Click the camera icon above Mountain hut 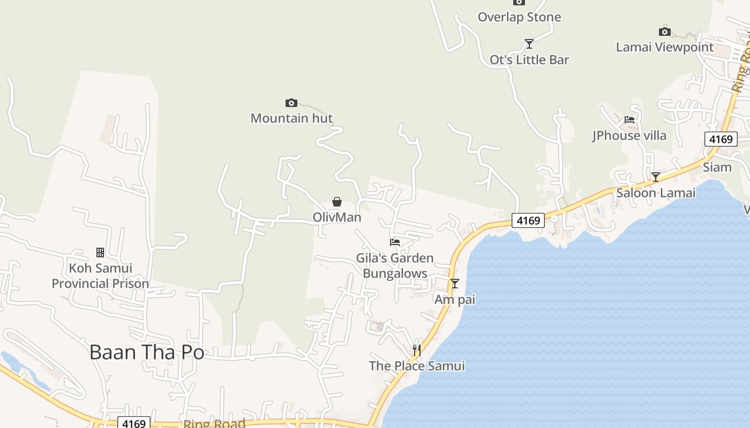click(x=291, y=103)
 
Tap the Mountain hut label click(x=291, y=118)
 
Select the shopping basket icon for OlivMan click(x=337, y=202)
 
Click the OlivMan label click(x=337, y=217)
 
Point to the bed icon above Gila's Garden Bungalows click(x=395, y=242)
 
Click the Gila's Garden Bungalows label click(x=395, y=266)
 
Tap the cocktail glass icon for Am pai click(x=455, y=284)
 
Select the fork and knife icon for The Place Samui click(x=416, y=350)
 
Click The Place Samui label click(x=417, y=366)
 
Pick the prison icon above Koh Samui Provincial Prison click(x=100, y=253)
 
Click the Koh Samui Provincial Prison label click(x=100, y=276)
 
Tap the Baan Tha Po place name click(x=147, y=352)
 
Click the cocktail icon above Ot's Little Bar click(x=529, y=44)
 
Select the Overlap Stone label click(x=519, y=17)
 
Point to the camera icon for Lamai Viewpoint click(x=665, y=32)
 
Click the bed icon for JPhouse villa click(x=629, y=120)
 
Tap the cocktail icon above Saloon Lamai click(x=656, y=177)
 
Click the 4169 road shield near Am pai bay click(x=528, y=220)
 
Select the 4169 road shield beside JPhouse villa click(x=721, y=140)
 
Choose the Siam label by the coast click(x=717, y=167)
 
